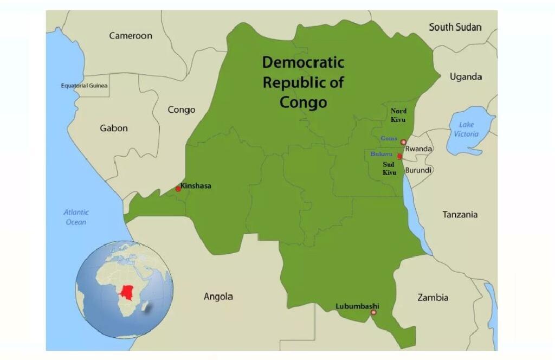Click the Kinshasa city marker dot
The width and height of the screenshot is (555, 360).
178,189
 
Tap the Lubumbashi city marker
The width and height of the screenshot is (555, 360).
373,312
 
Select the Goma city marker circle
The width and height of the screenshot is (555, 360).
403,142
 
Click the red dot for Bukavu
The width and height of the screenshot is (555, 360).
400,157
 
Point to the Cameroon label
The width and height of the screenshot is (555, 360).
131,36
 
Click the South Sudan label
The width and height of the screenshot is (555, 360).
455,27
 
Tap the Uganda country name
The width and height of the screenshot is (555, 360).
466,77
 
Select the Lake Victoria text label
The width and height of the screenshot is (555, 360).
466,129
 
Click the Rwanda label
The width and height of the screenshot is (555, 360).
418,149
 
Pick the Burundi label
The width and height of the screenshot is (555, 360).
418,170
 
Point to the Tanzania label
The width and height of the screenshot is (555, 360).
460,215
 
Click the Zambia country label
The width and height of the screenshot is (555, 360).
433,297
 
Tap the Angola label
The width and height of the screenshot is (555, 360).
218,296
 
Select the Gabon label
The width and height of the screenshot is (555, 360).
114,128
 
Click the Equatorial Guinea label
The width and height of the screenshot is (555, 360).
84,86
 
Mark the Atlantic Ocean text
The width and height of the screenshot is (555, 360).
76,217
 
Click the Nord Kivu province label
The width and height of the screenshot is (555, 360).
398,115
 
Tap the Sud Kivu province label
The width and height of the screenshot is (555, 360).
390,168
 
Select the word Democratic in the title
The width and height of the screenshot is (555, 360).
303,62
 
